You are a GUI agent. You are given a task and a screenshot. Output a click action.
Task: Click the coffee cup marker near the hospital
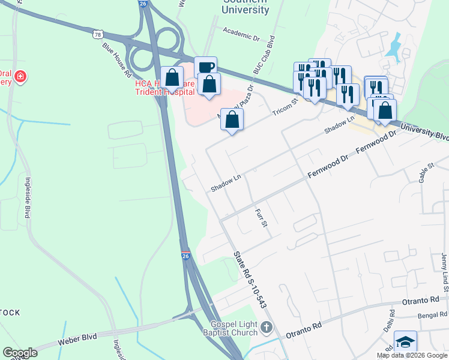(205, 67)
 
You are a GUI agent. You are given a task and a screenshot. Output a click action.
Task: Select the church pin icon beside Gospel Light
(267, 327)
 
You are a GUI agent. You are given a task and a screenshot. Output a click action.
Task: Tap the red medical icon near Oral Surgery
(20, 76)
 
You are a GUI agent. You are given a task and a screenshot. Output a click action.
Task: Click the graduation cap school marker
(405, 342)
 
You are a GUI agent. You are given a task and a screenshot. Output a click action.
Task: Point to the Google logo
(20, 352)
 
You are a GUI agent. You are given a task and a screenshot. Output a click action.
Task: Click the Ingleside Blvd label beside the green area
(27, 197)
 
